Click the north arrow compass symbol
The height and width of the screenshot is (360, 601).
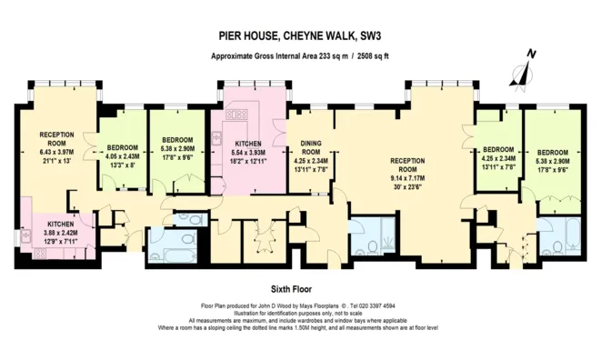click(x=525, y=71)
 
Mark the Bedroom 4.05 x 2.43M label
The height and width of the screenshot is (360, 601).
click(x=122, y=155)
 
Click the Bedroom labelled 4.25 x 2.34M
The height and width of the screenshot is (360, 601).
click(x=498, y=155)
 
